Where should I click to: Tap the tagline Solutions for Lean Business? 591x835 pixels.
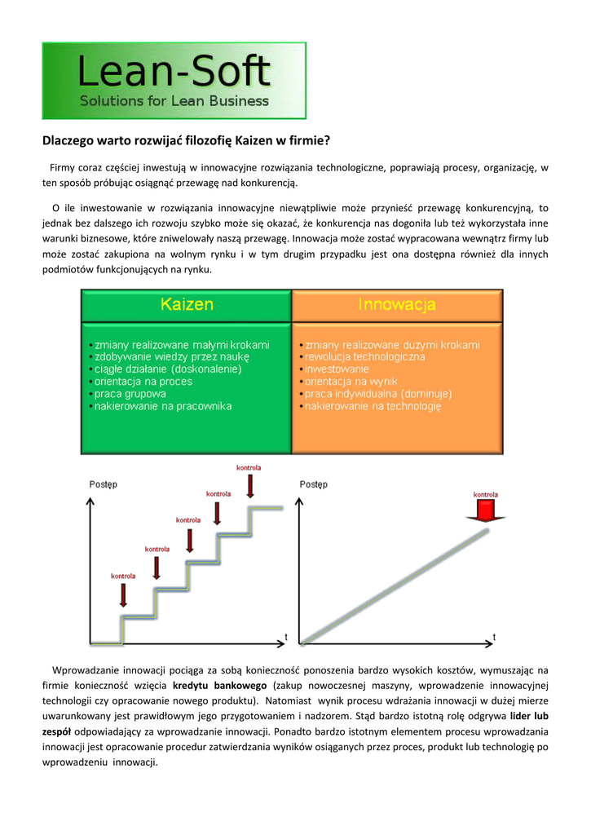[174, 101]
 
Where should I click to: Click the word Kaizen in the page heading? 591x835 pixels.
[255, 141]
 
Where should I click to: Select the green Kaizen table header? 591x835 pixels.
[187, 305]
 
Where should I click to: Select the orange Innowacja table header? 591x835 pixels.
[397, 305]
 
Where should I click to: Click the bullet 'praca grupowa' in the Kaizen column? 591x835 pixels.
[131, 394]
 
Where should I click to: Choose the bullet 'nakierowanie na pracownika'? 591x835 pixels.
[163, 406]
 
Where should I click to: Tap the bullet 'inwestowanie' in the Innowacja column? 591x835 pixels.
[337, 369]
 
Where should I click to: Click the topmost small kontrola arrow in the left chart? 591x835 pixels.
[249, 487]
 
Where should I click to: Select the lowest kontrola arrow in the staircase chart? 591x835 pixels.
[123, 594]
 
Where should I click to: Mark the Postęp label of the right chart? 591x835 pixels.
[314, 484]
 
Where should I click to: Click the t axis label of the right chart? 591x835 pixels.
[494, 636]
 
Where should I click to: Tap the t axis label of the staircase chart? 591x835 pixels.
[285, 635]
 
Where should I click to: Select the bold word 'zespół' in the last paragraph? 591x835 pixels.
[56, 731]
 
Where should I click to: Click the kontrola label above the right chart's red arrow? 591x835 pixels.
[486, 494]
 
